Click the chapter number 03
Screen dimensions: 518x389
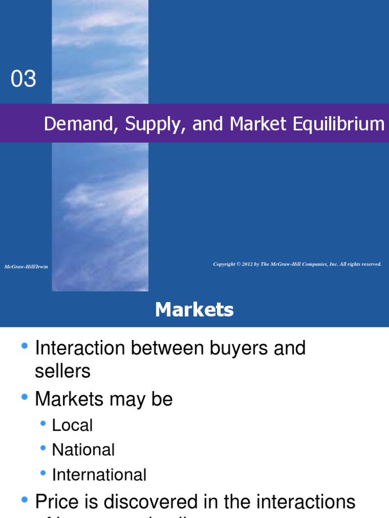click(x=24, y=79)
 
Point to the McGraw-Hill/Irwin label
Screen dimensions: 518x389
click(x=26, y=267)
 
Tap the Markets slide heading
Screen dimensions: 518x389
click(x=194, y=310)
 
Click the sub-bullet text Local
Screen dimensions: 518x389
click(x=72, y=425)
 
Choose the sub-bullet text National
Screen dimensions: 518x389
click(x=84, y=450)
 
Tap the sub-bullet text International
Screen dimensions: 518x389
click(x=99, y=475)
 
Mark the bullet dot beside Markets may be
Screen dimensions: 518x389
click(x=24, y=398)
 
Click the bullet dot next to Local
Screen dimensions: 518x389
click(x=43, y=423)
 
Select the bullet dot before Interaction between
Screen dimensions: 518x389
click(x=24, y=347)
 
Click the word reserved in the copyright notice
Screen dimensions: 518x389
click(x=371, y=264)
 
